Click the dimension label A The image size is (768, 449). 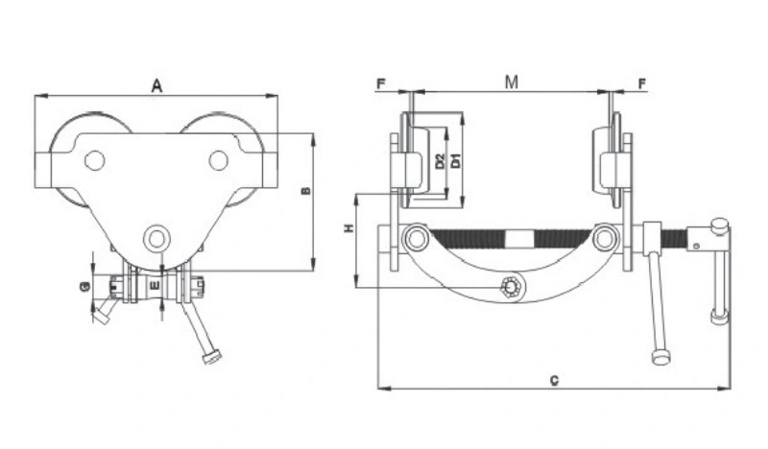click(x=156, y=86)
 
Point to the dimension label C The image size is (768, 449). click(x=554, y=380)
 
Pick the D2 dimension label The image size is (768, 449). click(x=440, y=160)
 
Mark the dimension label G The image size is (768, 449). click(x=84, y=286)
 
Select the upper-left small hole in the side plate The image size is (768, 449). click(x=94, y=160)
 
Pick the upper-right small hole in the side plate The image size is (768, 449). click(x=219, y=159)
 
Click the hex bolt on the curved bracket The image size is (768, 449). click(x=512, y=286)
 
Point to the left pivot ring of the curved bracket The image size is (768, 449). click(x=416, y=236)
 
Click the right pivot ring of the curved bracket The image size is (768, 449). click(x=604, y=236)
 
